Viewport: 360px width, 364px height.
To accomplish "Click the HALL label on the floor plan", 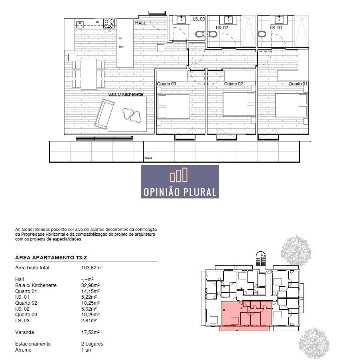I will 140,23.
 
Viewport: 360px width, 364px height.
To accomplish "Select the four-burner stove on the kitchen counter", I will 109,24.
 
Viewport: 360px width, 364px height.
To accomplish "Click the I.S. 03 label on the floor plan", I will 199,19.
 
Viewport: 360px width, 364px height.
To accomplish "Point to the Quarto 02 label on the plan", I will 233,84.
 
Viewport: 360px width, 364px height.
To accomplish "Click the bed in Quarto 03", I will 173,106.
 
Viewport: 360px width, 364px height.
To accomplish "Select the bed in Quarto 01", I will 291,105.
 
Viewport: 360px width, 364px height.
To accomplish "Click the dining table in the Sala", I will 89,74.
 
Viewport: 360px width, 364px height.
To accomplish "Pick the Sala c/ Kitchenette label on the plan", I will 125,94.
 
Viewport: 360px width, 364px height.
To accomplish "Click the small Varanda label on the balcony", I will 148,158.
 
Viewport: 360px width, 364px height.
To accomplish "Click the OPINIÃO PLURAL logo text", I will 180,192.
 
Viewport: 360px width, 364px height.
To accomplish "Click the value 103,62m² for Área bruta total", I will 92,268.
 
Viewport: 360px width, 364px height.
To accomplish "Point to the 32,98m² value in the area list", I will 90,285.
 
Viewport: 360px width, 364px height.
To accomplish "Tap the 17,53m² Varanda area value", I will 90,332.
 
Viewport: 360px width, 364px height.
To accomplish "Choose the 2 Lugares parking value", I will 92,344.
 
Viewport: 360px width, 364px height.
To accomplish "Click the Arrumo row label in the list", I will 23,350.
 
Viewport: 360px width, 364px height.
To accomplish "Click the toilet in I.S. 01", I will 262,34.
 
